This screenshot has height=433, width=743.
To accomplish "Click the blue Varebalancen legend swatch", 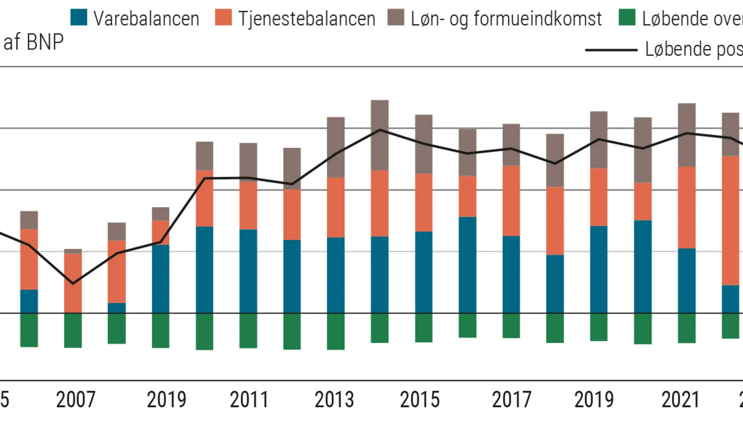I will [x=79, y=17].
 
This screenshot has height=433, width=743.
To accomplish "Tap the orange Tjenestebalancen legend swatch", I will [x=223, y=17].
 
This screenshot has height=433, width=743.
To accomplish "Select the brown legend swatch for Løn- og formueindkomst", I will [x=396, y=17].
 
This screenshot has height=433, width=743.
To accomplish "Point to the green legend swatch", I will [x=627, y=17].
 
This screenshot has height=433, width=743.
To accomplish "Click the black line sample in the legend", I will [x=611, y=50].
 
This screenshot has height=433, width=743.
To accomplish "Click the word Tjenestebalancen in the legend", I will [x=306, y=19].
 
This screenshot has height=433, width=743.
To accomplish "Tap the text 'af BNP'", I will [x=33, y=42].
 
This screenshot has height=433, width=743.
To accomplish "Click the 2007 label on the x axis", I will [x=76, y=400].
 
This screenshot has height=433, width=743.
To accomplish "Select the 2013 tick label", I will [x=334, y=400].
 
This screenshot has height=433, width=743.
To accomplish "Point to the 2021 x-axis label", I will [x=681, y=400].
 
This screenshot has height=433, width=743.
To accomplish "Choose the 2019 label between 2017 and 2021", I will [x=594, y=400].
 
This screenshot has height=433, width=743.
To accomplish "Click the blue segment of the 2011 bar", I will [x=248, y=271].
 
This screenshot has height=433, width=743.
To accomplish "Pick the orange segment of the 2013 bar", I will [x=336, y=207].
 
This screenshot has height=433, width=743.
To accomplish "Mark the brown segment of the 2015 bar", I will [x=424, y=144].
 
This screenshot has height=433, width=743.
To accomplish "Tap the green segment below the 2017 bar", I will [x=511, y=326].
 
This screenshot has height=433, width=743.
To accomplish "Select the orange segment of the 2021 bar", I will [x=687, y=207].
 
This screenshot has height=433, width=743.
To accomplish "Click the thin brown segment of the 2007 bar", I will [x=73, y=251].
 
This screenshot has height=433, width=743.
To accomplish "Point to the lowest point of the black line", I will [x=73, y=284].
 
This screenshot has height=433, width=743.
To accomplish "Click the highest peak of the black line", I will [x=380, y=130].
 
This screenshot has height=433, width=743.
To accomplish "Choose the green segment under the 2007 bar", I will [x=73, y=330].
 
